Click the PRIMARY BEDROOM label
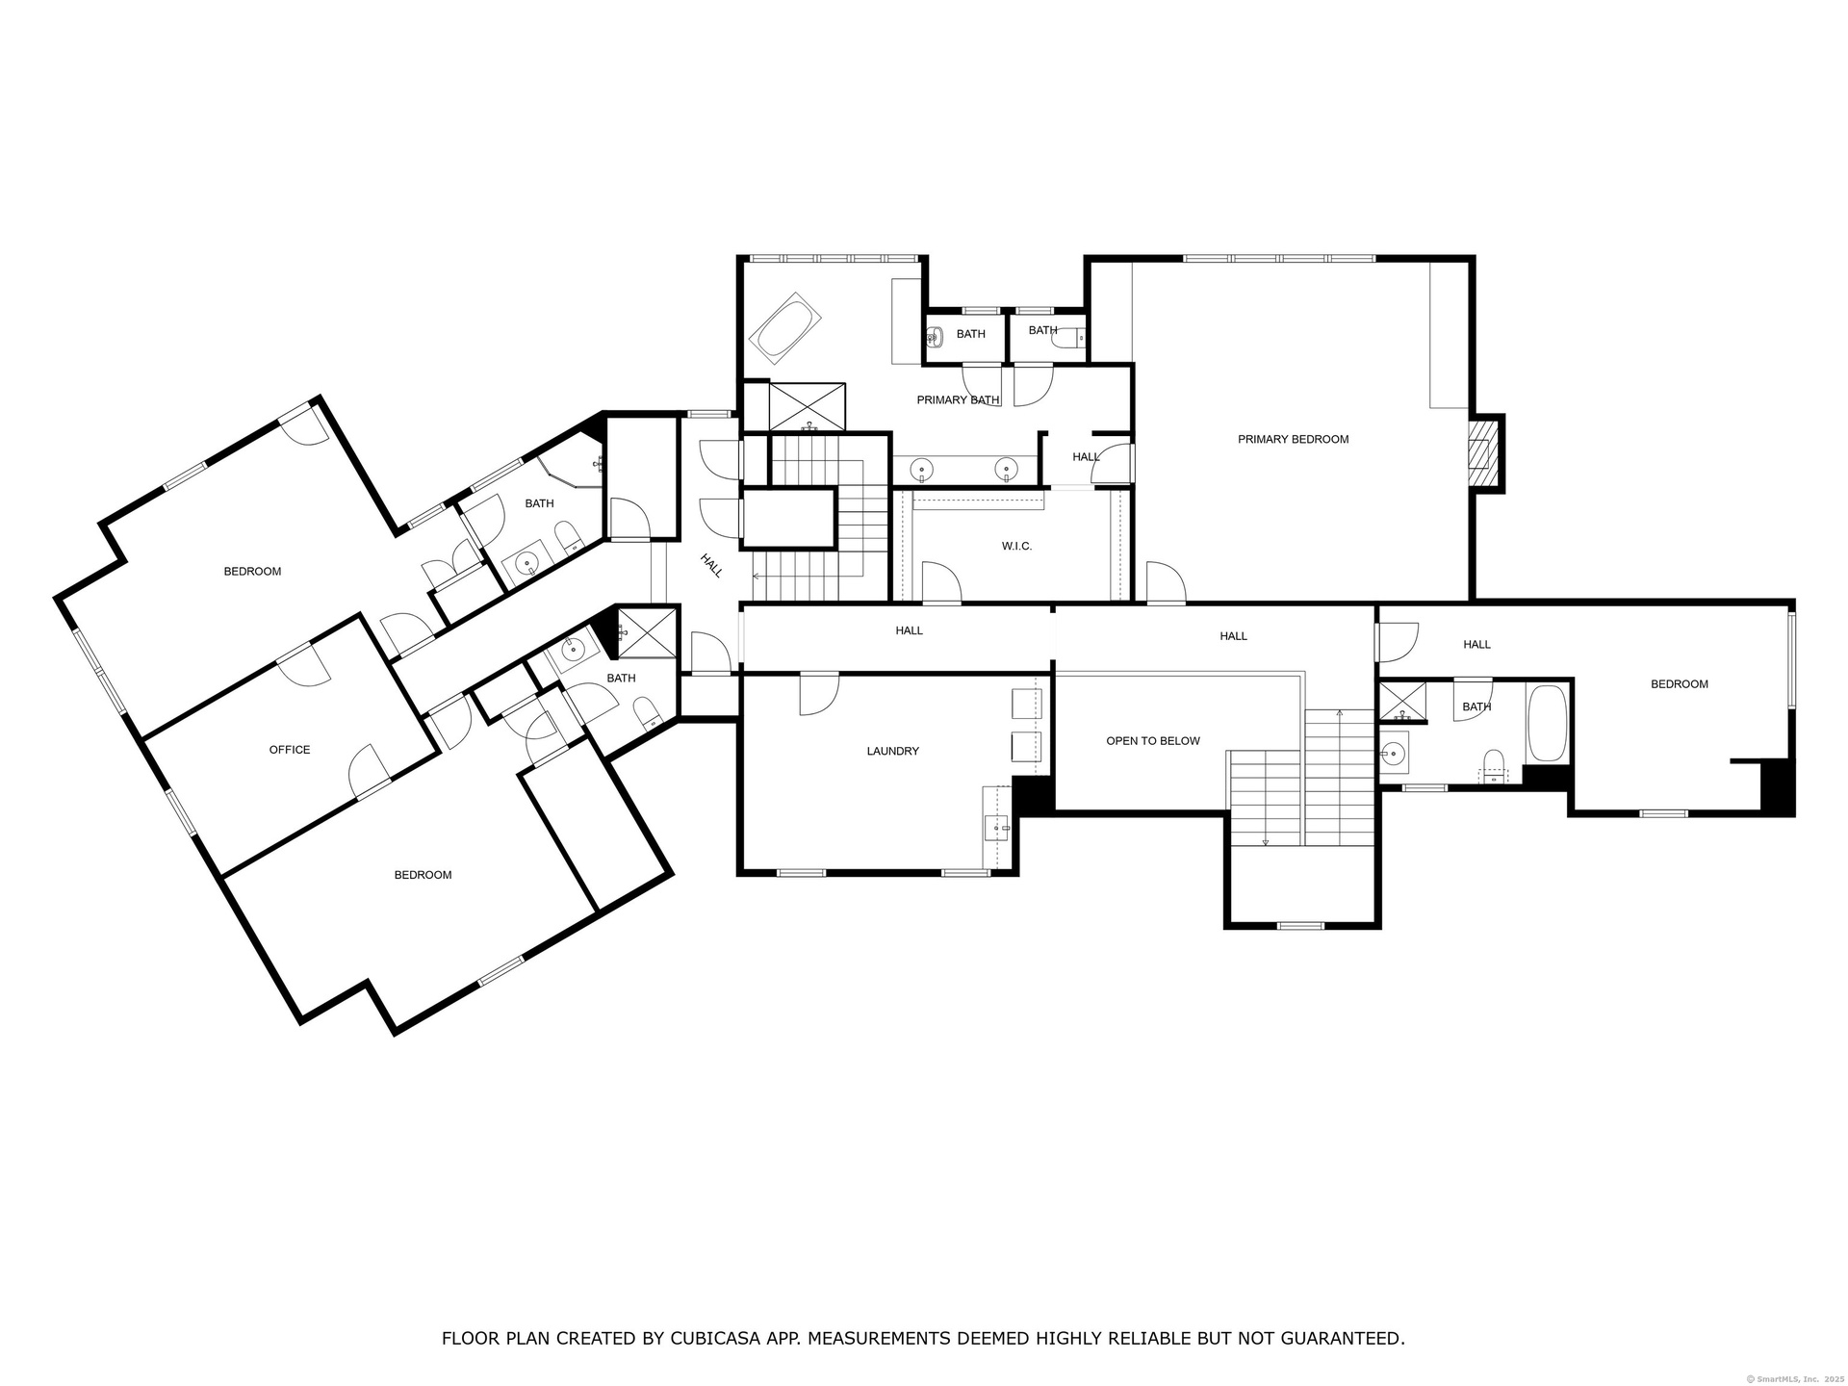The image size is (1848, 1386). click(x=1293, y=440)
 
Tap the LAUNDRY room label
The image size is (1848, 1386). click(x=892, y=751)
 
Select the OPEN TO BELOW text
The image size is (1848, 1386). click(x=1153, y=741)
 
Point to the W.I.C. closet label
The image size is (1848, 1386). click(x=1016, y=547)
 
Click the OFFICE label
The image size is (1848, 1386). click(x=290, y=750)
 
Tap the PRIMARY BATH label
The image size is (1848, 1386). click(x=958, y=400)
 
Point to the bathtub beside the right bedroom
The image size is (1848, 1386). click(x=1547, y=724)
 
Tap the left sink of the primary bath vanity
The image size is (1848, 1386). click(x=922, y=471)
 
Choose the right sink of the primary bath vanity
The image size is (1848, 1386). click(x=1006, y=471)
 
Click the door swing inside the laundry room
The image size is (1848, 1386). click(x=819, y=695)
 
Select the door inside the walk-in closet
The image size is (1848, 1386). click(x=941, y=583)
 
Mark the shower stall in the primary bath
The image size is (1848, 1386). click(x=808, y=406)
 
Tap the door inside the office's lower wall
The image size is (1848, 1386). click(x=371, y=771)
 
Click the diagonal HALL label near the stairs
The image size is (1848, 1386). click(x=711, y=566)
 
